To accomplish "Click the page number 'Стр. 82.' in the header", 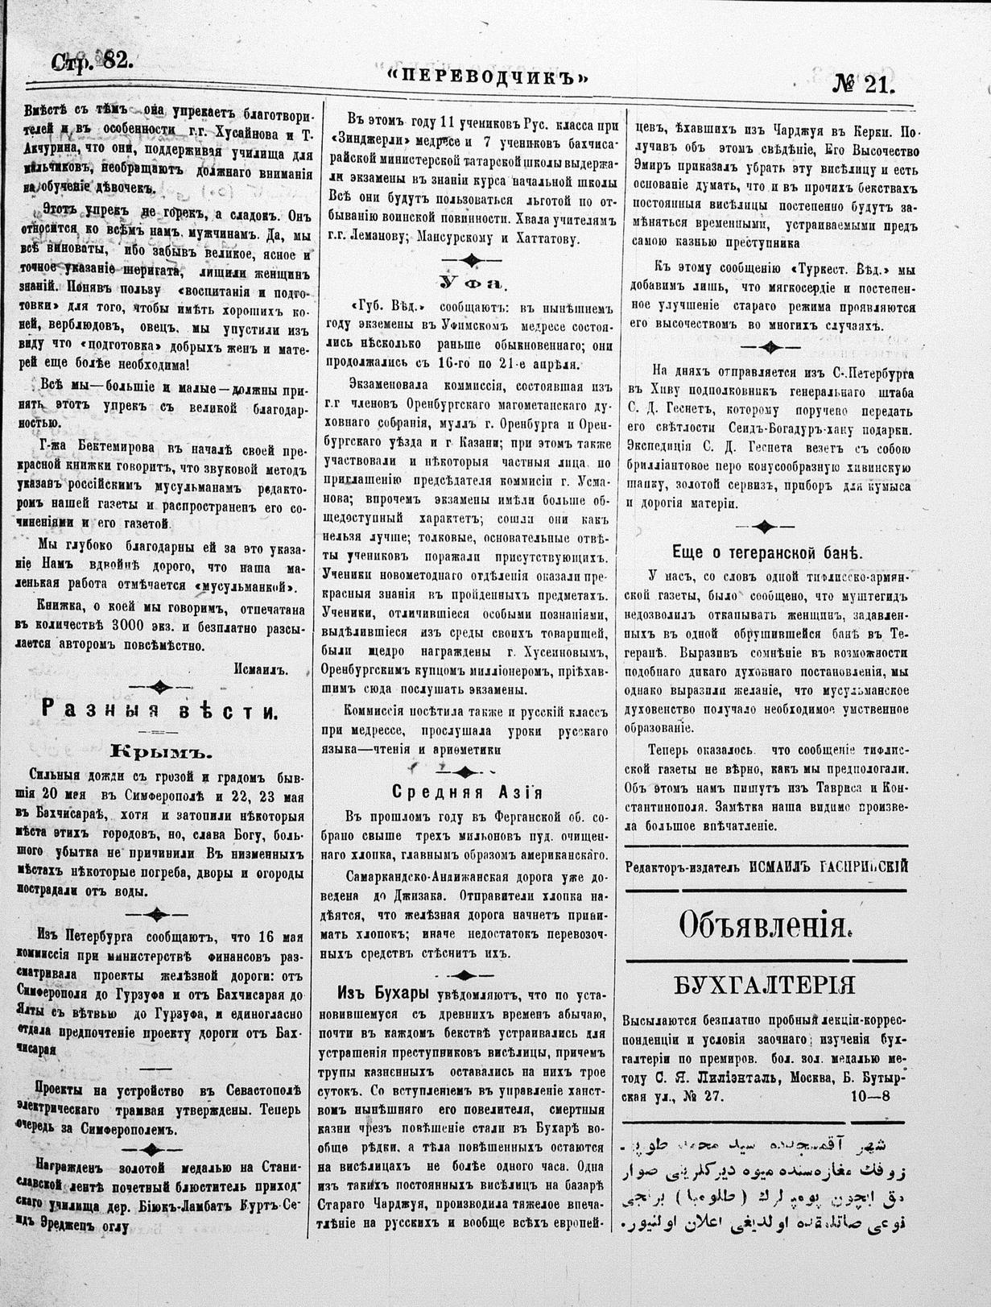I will pos(92,60).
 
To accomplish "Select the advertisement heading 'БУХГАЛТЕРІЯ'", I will pos(765,986).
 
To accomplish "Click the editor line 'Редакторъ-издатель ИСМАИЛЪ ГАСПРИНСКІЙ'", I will pos(766,866).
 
